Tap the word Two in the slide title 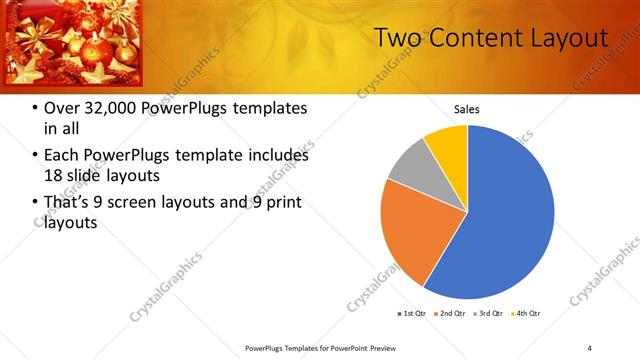tap(396, 38)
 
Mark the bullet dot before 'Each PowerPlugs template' tap(36, 156)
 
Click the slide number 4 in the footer tap(589, 347)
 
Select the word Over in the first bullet tap(63, 109)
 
